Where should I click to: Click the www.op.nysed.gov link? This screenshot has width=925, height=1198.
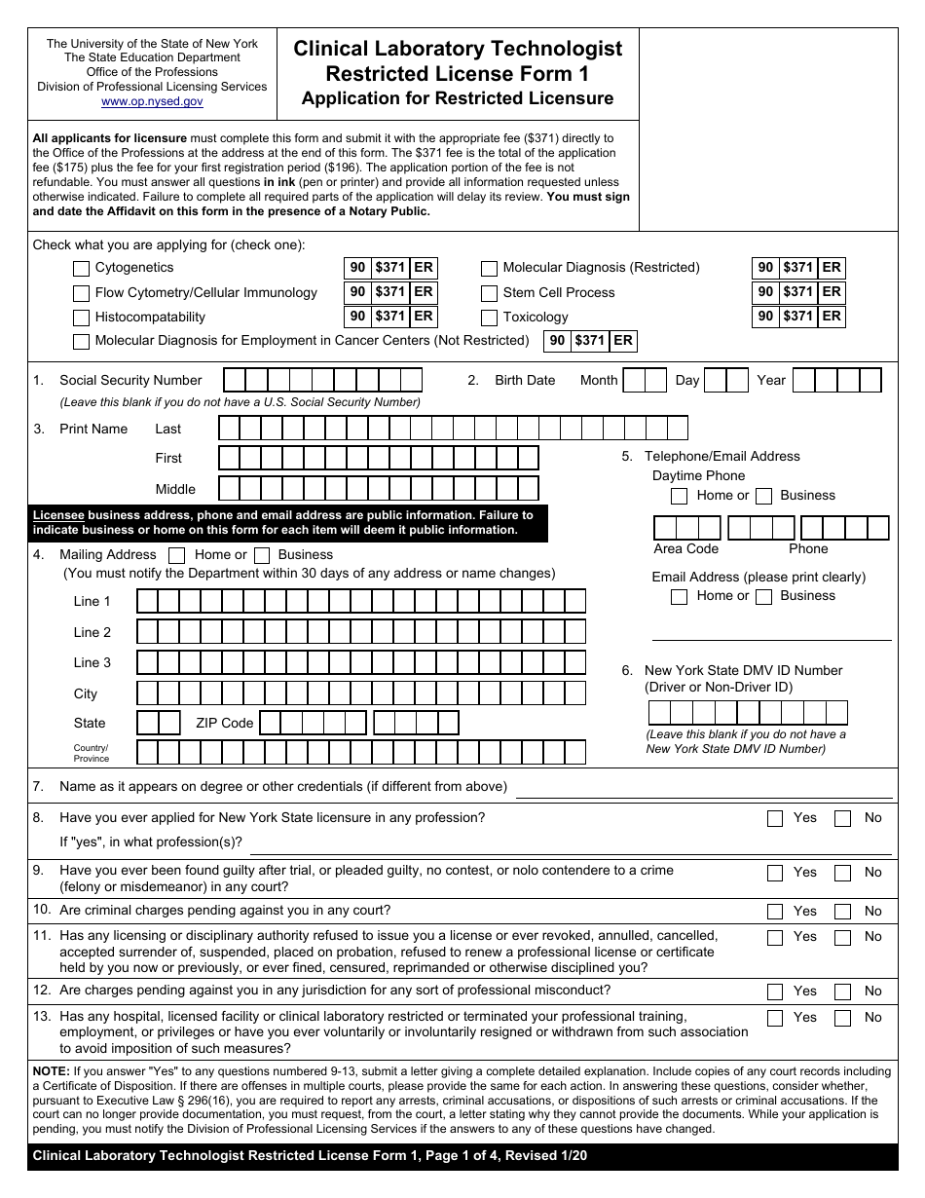pos(152,101)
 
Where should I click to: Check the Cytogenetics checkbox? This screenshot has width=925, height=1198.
pos(82,268)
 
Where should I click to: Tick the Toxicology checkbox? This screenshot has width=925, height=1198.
pos(489,318)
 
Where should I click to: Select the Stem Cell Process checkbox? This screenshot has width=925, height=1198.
pos(489,293)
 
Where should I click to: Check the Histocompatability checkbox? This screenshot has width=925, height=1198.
pos(82,318)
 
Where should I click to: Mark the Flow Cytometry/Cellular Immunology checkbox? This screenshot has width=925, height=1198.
pos(82,293)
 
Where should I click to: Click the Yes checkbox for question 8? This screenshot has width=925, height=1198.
pos(775,818)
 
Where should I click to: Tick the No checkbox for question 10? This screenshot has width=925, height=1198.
pos(843,912)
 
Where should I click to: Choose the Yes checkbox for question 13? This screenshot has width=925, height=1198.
pos(775,1018)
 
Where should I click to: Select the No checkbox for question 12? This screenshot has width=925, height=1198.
pos(843,992)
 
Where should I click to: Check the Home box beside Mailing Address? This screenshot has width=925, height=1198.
pos(177,555)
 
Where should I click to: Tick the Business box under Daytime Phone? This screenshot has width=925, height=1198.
pos(764,496)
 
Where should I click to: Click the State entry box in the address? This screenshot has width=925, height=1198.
pos(159,723)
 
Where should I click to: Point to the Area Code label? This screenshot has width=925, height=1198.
pos(685,548)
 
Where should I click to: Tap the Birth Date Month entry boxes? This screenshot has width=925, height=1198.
pos(644,380)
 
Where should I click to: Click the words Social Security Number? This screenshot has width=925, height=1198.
pos(130,380)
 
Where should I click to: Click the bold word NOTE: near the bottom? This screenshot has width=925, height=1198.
pos(51,1070)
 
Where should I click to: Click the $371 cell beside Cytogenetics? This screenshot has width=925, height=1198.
pos(390,268)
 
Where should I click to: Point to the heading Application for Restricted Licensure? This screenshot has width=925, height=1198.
pos(458,98)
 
